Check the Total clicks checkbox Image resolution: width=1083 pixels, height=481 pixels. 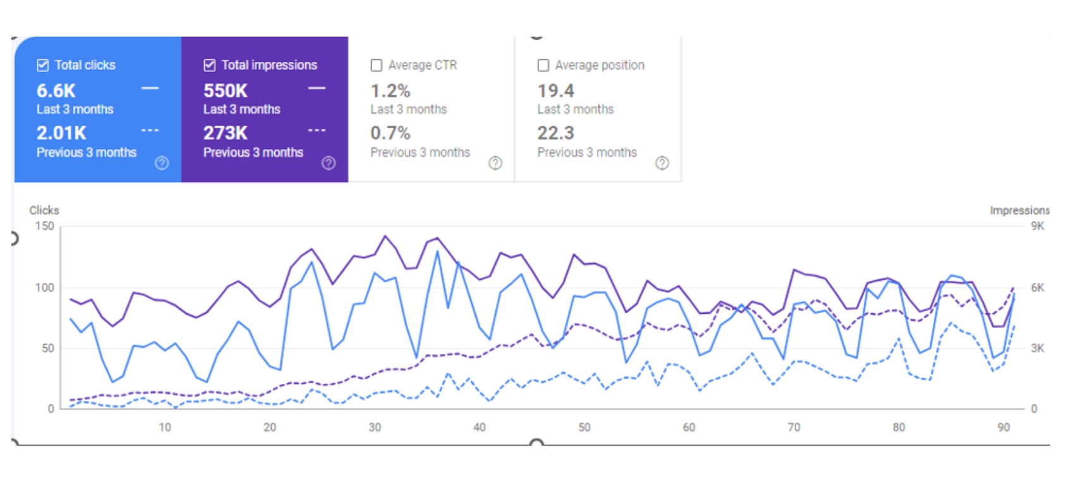click(x=43, y=65)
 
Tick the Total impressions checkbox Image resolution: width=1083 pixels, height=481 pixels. click(x=210, y=65)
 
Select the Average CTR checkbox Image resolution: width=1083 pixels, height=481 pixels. click(x=377, y=65)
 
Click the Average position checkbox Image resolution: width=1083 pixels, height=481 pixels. click(x=543, y=65)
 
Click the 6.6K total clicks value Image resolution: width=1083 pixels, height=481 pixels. click(x=56, y=91)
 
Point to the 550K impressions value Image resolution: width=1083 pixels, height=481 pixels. click(x=226, y=91)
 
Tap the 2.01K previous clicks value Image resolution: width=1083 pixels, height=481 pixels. click(x=61, y=133)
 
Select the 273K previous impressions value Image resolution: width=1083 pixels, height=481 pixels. click(x=226, y=133)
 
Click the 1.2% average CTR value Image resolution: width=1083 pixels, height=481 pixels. click(x=390, y=91)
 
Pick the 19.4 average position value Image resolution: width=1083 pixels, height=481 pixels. click(x=556, y=91)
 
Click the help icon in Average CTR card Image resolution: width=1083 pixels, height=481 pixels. click(x=495, y=163)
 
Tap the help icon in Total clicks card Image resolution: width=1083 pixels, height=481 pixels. click(x=162, y=163)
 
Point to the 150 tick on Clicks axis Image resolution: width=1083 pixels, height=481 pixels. click(x=44, y=226)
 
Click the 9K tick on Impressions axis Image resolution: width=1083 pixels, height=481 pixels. click(x=1038, y=226)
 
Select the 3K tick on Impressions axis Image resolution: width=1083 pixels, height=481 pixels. click(x=1038, y=348)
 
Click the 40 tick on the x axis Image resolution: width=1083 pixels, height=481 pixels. click(x=480, y=427)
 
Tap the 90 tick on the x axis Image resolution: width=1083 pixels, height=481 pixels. click(x=1003, y=427)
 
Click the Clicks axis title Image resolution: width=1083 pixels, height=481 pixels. click(x=44, y=210)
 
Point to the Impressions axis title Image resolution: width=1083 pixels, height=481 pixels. click(x=1019, y=210)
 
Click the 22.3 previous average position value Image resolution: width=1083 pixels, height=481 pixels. click(x=556, y=133)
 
